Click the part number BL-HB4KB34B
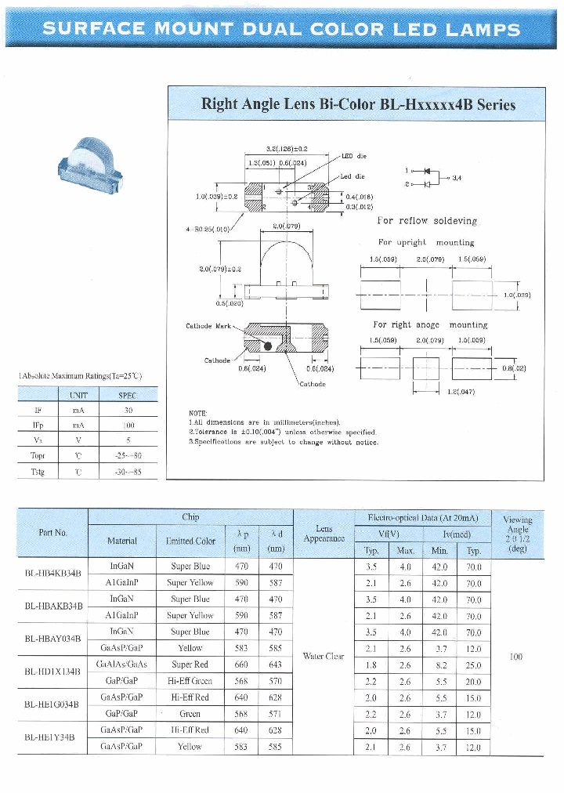pyautogui.click(x=52, y=574)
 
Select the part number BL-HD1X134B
pyautogui.click(x=52, y=672)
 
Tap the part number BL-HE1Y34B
pyautogui.click(x=52, y=737)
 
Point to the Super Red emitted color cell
pyautogui.click(x=190, y=664)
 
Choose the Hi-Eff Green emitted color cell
pyautogui.click(x=190, y=681)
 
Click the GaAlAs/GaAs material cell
pyautogui.click(x=121, y=664)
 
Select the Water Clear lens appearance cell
pyautogui.click(x=324, y=656)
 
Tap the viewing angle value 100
pyautogui.click(x=515, y=656)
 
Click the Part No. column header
pyautogui.click(x=52, y=533)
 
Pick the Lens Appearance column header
pyautogui.click(x=324, y=534)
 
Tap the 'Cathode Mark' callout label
pyautogui.click(x=208, y=326)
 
